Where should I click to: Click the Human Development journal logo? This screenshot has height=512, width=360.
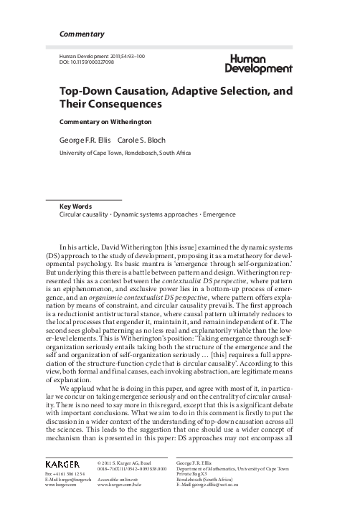click(x=257, y=64)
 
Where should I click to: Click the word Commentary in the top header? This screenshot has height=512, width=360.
click(x=81, y=34)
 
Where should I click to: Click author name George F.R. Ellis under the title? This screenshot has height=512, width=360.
click(x=85, y=140)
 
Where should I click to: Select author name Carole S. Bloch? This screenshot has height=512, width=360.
click(x=143, y=140)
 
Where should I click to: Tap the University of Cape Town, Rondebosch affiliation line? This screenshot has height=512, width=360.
click(x=123, y=153)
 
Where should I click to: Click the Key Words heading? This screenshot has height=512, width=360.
click(x=75, y=206)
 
